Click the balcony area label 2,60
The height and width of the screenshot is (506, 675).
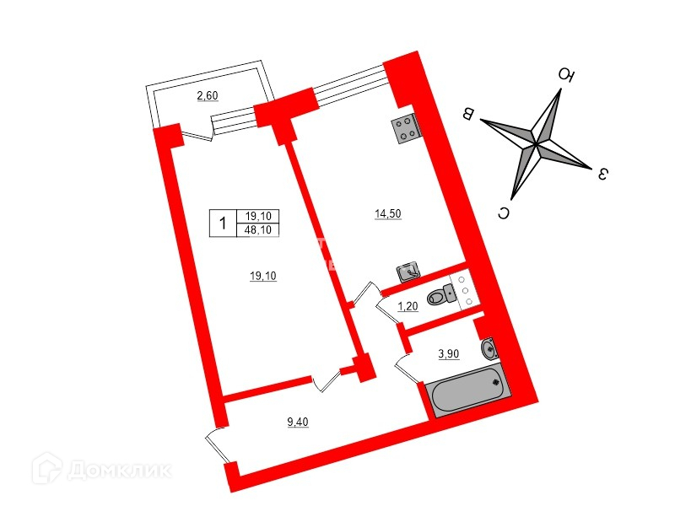208,96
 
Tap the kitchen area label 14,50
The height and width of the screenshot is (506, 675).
387,214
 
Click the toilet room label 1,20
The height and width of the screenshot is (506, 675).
408,305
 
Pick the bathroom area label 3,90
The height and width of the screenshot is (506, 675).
447,354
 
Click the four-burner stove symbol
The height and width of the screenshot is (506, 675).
406,127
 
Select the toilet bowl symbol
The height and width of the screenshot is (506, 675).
440,296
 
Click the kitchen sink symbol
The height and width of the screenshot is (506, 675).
408,272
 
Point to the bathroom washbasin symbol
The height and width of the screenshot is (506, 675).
488,347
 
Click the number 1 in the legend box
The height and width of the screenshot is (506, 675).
222,223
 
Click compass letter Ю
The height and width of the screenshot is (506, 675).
567,77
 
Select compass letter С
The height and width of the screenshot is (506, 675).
503,213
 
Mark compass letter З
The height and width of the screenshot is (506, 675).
602,175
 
